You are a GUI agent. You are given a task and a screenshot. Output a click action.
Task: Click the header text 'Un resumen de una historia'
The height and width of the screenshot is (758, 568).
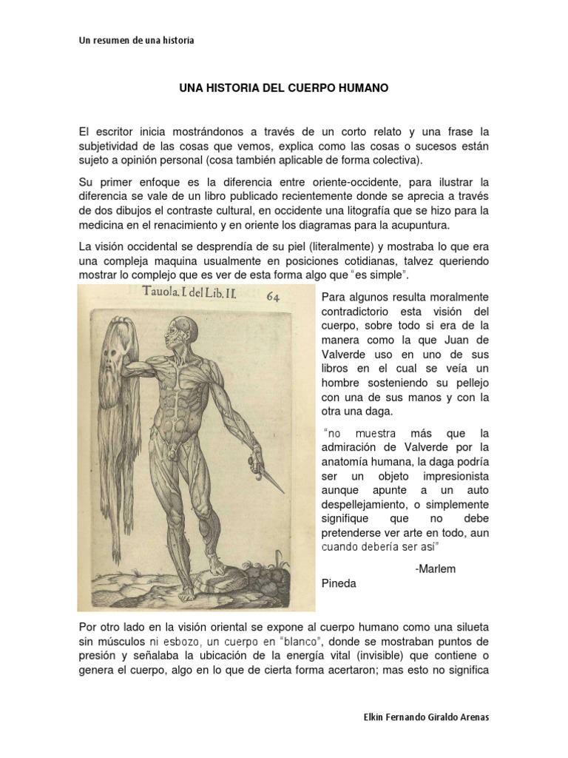(x=136, y=41)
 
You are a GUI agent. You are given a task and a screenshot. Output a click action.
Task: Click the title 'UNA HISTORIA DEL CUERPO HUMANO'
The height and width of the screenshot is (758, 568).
(x=284, y=88)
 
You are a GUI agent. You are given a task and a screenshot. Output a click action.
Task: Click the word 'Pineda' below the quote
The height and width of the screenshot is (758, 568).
(x=339, y=583)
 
